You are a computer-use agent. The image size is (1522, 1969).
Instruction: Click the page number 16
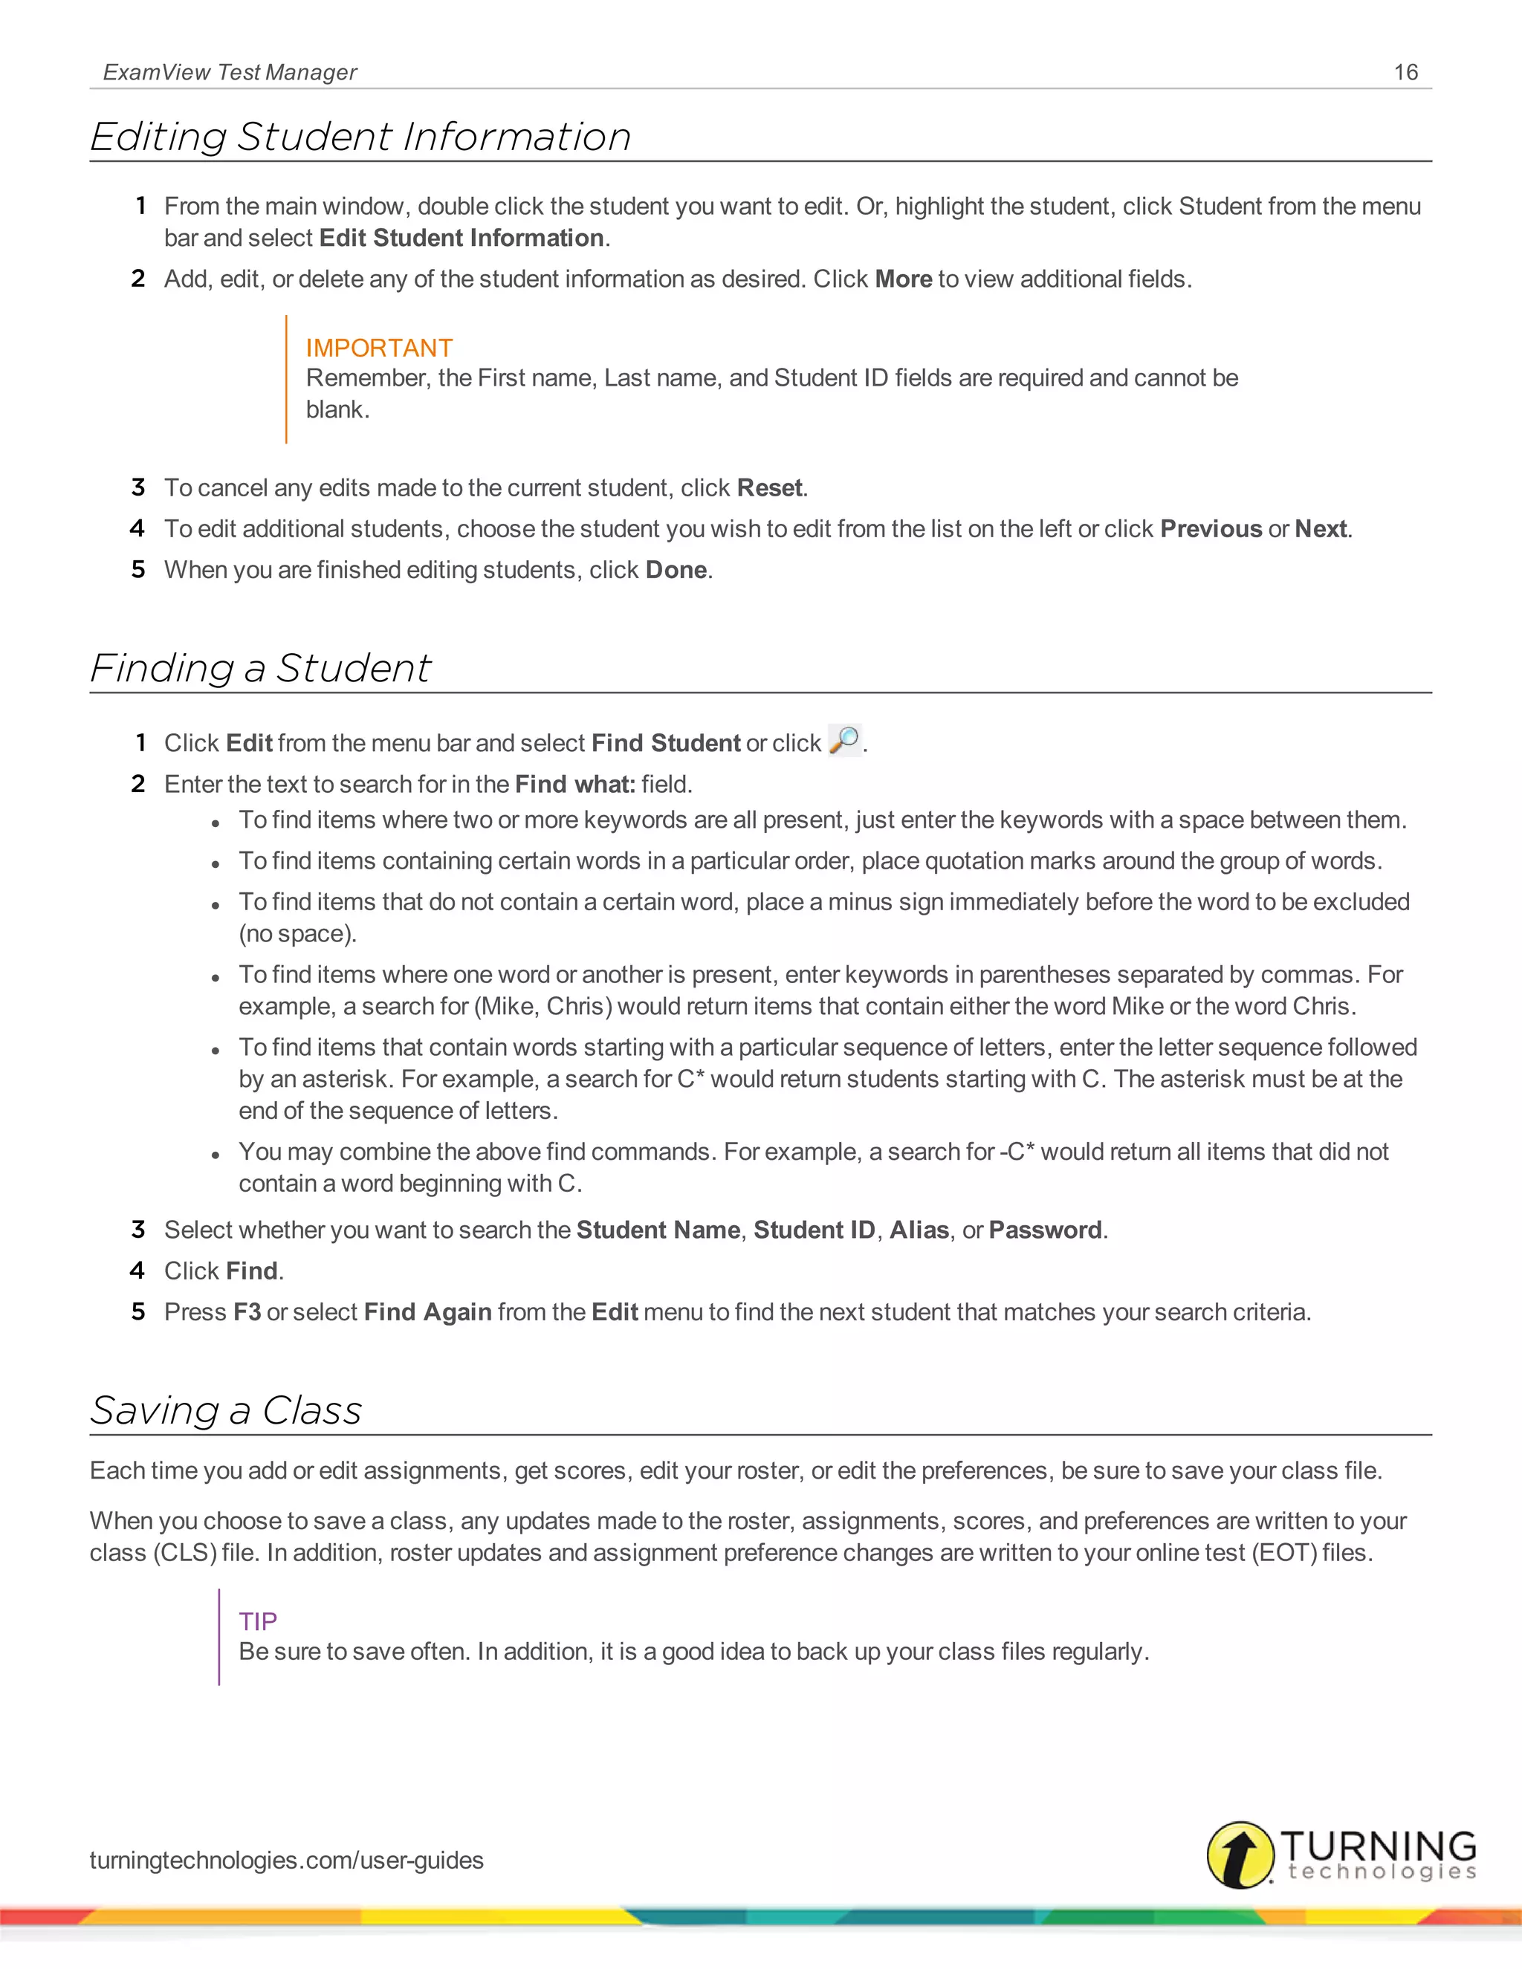point(1405,72)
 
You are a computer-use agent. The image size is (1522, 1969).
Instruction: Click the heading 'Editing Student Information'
point(360,137)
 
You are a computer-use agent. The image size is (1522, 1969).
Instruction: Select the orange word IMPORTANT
point(379,348)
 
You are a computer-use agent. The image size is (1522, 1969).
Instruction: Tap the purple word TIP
point(258,1621)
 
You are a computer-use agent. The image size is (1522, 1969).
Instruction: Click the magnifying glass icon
point(845,740)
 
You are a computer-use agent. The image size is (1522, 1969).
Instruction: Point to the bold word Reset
point(769,487)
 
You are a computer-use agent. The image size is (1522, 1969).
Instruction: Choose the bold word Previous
point(1210,529)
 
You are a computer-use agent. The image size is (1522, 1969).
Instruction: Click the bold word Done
point(676,570)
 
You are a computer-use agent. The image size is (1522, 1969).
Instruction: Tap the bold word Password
point(1045,1230)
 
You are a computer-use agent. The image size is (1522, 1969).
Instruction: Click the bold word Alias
point(919,1230)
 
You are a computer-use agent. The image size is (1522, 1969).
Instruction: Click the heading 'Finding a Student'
point(261,668)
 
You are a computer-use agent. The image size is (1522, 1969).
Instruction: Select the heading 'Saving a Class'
point(227,1410)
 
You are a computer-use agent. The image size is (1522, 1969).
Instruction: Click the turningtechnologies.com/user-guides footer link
point(287,1860)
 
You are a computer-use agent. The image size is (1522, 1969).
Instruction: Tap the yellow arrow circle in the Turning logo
point(1240,1855)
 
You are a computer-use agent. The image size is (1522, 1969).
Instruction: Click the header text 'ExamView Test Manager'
point(230,72)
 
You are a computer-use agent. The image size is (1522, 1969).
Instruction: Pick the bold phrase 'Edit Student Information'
point(462,238)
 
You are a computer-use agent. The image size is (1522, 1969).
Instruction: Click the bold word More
point(904,279)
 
